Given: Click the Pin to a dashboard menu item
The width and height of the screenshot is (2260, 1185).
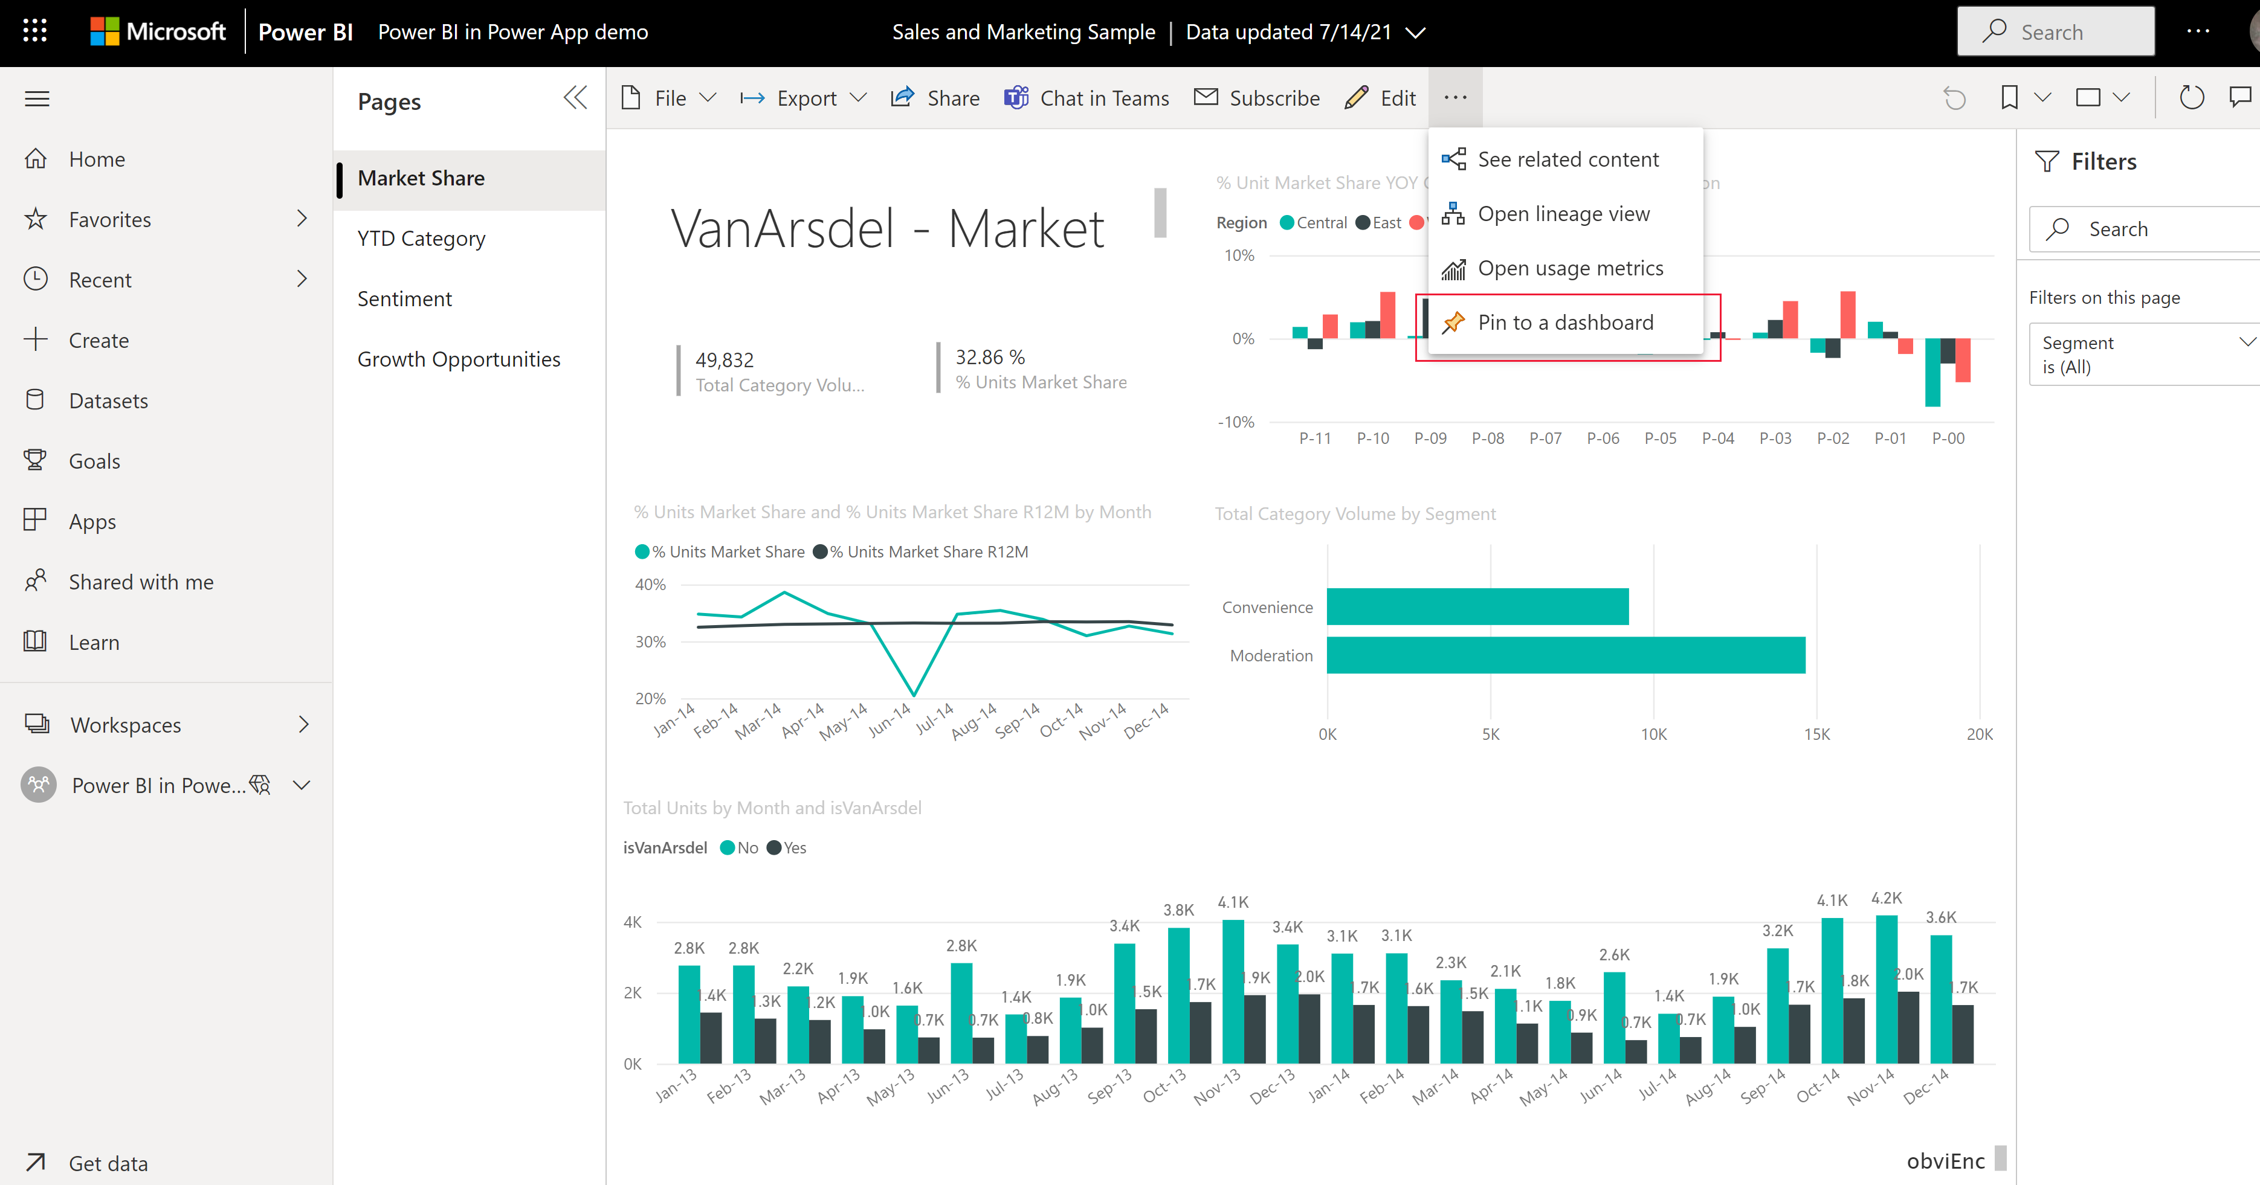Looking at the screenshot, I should pos(1564,323).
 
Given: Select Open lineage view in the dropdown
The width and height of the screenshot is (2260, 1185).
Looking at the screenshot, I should pos(1563,214).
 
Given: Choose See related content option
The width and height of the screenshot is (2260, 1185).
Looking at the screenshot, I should pos(1567,159).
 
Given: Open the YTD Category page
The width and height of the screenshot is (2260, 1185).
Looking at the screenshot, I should pos(421,239).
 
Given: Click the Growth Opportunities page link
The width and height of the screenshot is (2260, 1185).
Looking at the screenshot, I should pos(458,359).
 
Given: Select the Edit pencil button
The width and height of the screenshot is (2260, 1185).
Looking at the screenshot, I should pos(1380,98).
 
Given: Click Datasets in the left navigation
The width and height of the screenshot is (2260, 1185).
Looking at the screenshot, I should pos(108,401).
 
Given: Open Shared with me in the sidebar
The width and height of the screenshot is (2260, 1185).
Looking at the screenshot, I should pos(140,582).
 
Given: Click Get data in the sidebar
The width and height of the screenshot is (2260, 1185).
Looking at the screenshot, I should pos(108,1164).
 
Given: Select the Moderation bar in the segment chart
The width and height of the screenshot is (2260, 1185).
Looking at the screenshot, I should pos(1565,655).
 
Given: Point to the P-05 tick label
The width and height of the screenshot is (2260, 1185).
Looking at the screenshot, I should pos(1660,438).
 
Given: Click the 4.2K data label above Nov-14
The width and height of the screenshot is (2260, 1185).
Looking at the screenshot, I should pos(1887,898).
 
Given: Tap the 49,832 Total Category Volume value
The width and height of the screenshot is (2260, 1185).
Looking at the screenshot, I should pos(724,359).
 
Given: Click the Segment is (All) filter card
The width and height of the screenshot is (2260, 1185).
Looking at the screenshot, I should pos(2141,355).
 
